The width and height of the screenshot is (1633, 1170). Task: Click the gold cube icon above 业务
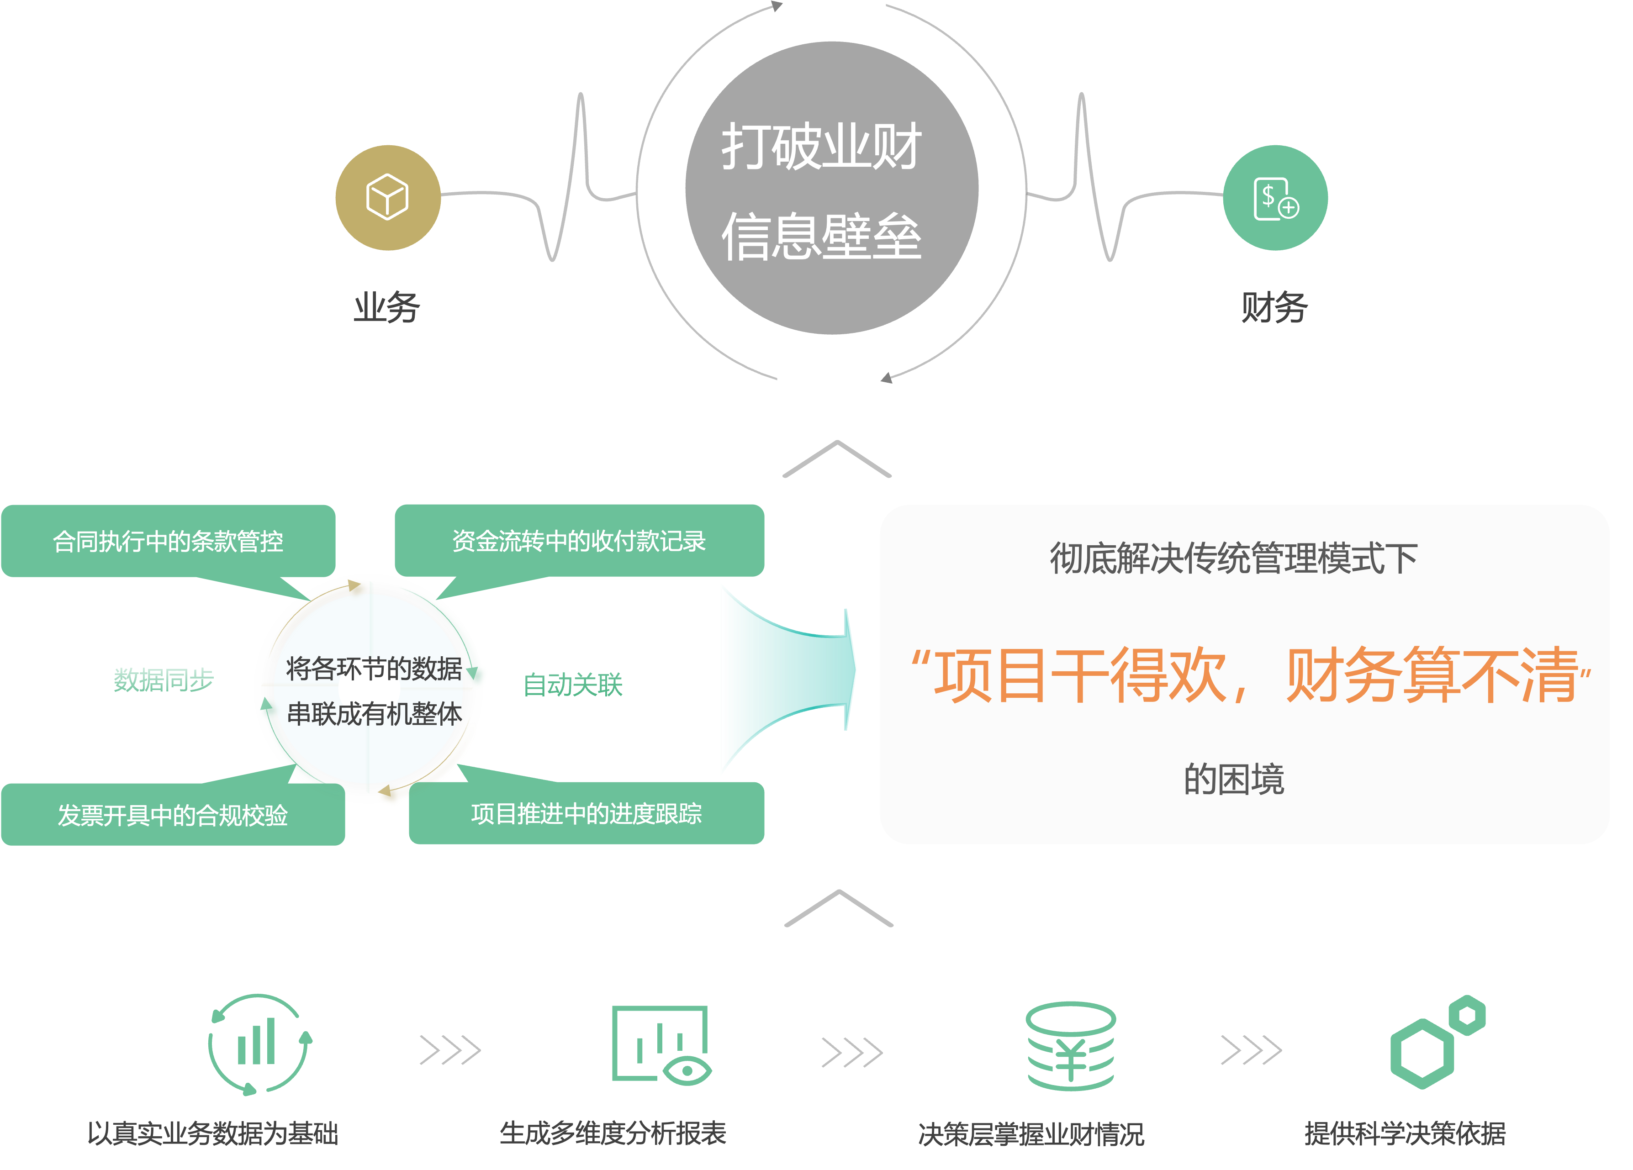tap(387, 197)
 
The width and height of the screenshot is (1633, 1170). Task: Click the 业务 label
tap(386, 307)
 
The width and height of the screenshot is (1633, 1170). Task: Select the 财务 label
tap(1273, 307)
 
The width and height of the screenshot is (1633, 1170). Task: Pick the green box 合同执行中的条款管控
tap(168, 541)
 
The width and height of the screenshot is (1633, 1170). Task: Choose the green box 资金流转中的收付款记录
tap(579, 541)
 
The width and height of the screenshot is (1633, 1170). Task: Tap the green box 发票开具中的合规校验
tap(173, 814)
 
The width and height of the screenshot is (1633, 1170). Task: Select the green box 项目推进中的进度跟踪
tap(586, 813)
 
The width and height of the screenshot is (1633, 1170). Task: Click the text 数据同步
tap(164, 679)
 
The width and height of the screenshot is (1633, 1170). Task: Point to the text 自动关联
tap(572, 684)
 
